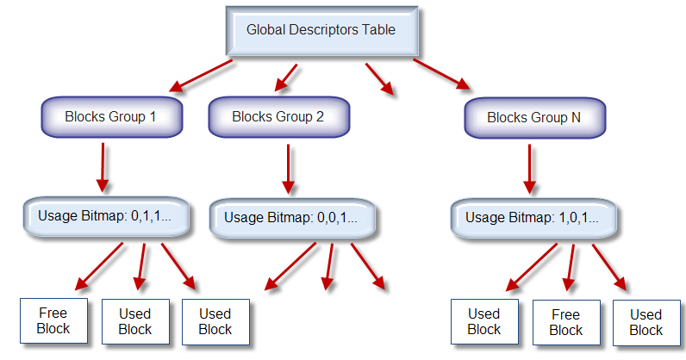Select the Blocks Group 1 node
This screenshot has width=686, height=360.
tap(110, 116)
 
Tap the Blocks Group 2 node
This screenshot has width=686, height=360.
tap(278, 116)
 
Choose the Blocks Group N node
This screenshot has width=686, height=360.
tap(534, 118)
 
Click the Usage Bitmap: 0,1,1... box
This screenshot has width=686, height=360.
tap(104, 216)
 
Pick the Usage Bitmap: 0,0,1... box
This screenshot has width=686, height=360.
tap(290, 219)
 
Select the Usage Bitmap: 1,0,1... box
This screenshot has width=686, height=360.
tap(532, 219)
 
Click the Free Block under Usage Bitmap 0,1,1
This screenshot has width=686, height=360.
tap(53, 320)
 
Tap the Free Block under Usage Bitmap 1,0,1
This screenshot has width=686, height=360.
tap(565, 323)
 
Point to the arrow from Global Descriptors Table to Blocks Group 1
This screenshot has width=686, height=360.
tap(202, 75)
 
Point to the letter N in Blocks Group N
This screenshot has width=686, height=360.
tap(575, 118)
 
